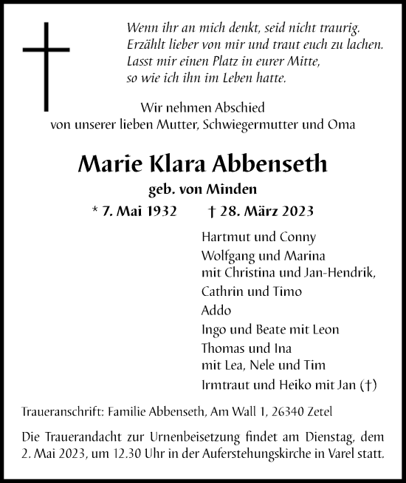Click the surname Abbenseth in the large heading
click(274, 164)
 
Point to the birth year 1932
click(161, 211)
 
